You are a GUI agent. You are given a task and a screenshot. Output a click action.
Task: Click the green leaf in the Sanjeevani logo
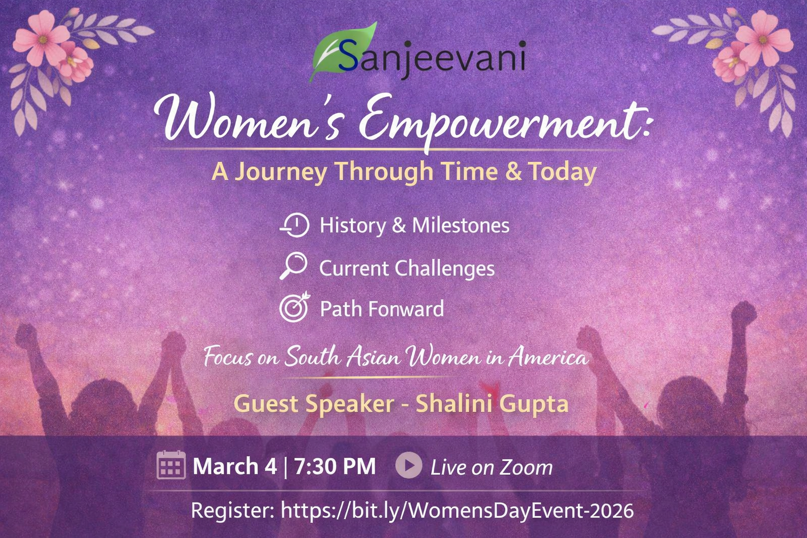[339, 52]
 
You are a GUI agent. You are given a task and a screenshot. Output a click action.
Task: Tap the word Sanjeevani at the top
[432, 58]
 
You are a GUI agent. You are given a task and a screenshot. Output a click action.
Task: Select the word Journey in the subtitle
[281, 172]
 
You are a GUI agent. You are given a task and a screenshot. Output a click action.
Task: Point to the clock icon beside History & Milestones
[295, 225]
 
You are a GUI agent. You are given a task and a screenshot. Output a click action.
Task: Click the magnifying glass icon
[294, 266]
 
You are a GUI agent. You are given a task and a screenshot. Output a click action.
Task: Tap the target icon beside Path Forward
[295, 307]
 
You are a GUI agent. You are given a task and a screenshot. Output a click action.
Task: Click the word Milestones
[461, 225]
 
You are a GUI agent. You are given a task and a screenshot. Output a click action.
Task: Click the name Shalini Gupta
[492, 405]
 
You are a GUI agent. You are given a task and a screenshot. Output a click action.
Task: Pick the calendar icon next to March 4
[171, 465]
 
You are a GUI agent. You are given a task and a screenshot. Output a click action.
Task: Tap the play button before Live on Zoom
[409, 465]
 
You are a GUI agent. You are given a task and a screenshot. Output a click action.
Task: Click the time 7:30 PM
[335, 467]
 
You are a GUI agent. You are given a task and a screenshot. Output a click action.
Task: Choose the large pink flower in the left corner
[42, 38]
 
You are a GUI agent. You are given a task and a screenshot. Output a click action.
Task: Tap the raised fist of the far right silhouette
[743, 314]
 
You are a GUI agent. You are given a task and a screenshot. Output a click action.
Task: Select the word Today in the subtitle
[563, 172]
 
